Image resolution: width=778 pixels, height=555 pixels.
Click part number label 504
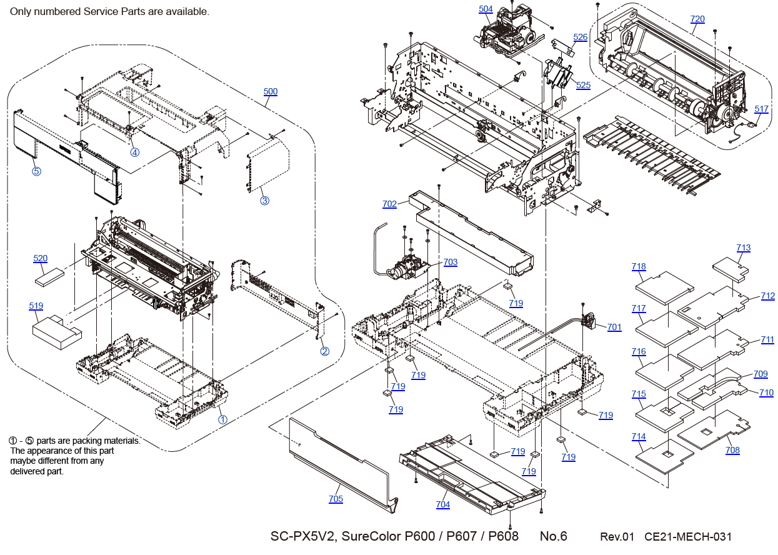pos(486,9)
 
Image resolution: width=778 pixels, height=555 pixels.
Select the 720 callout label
pos(697,19)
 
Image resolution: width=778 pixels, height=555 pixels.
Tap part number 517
pos(761,109)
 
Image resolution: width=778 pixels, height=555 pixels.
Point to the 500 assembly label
pos(270,92)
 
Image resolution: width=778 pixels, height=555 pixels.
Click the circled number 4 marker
pos(134,152)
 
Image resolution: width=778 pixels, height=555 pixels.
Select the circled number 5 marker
pos(36,171)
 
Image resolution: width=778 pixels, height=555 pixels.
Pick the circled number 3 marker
pos(265,201)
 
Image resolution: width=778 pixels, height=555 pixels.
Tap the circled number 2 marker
pos(324,351)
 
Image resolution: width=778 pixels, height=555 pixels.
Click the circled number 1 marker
pos(222,419)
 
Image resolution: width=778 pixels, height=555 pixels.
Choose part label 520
pos(40,259)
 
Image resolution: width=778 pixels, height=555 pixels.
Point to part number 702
pos(389,204)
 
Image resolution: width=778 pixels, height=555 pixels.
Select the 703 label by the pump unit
pos(450,262)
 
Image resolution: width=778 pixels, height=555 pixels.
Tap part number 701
pos(614,327)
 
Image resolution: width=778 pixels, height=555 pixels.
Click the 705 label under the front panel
pos(336,499)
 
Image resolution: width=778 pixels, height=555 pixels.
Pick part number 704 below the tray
pos(442,505)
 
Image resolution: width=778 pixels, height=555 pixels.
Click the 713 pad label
pos(744,248)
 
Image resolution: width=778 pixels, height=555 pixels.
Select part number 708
pos(732,450)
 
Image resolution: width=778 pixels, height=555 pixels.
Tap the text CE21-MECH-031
pos(688,537)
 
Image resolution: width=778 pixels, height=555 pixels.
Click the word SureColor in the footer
pos(371,536)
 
